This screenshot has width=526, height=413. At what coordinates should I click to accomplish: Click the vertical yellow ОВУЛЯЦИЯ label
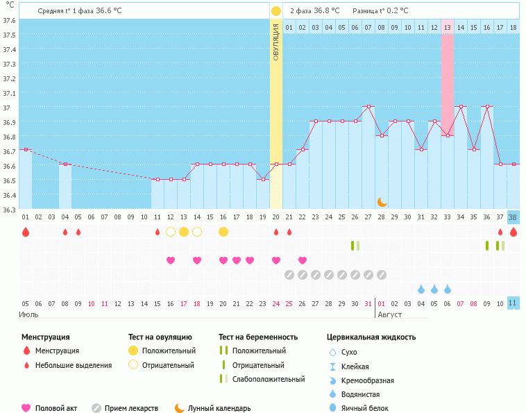[275, 42]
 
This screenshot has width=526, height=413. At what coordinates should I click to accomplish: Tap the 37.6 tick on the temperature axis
[8, 20]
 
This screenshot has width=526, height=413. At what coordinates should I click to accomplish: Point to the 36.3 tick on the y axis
[8, 209]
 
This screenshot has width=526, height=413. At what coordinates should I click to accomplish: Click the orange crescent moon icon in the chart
[382, 201]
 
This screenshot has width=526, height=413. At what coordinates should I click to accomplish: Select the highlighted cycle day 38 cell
[513, 217]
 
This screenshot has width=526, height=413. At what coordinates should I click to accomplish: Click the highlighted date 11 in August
[513, 303]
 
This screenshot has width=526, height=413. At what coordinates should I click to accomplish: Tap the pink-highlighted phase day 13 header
[448, 28]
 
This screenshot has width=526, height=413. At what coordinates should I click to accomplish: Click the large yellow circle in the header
[276, 11]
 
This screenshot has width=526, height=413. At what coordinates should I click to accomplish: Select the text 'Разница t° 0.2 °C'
[380, 11]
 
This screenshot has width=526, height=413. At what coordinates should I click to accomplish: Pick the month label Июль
[28, 315]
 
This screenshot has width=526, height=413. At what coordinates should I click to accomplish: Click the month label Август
[390, 315]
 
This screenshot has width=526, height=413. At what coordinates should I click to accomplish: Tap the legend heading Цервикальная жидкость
[371, 337]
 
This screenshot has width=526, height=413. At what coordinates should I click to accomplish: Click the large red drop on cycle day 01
[26, 233]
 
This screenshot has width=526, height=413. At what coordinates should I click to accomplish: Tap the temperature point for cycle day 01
[26, 149]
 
